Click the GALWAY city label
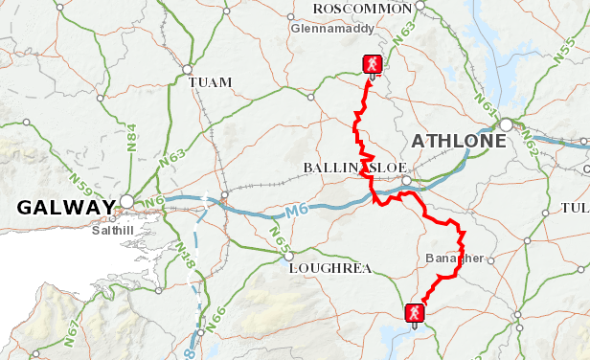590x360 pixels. [x=65, y=208]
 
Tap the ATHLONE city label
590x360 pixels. [x=458, y=142]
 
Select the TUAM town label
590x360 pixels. [x=211, y=82]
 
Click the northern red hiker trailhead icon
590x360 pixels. [x=372, y=64]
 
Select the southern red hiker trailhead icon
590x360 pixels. [x=414, y=312]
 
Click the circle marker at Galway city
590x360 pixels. [x=126, y=202]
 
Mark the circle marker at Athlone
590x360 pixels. [x=505, y=124]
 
